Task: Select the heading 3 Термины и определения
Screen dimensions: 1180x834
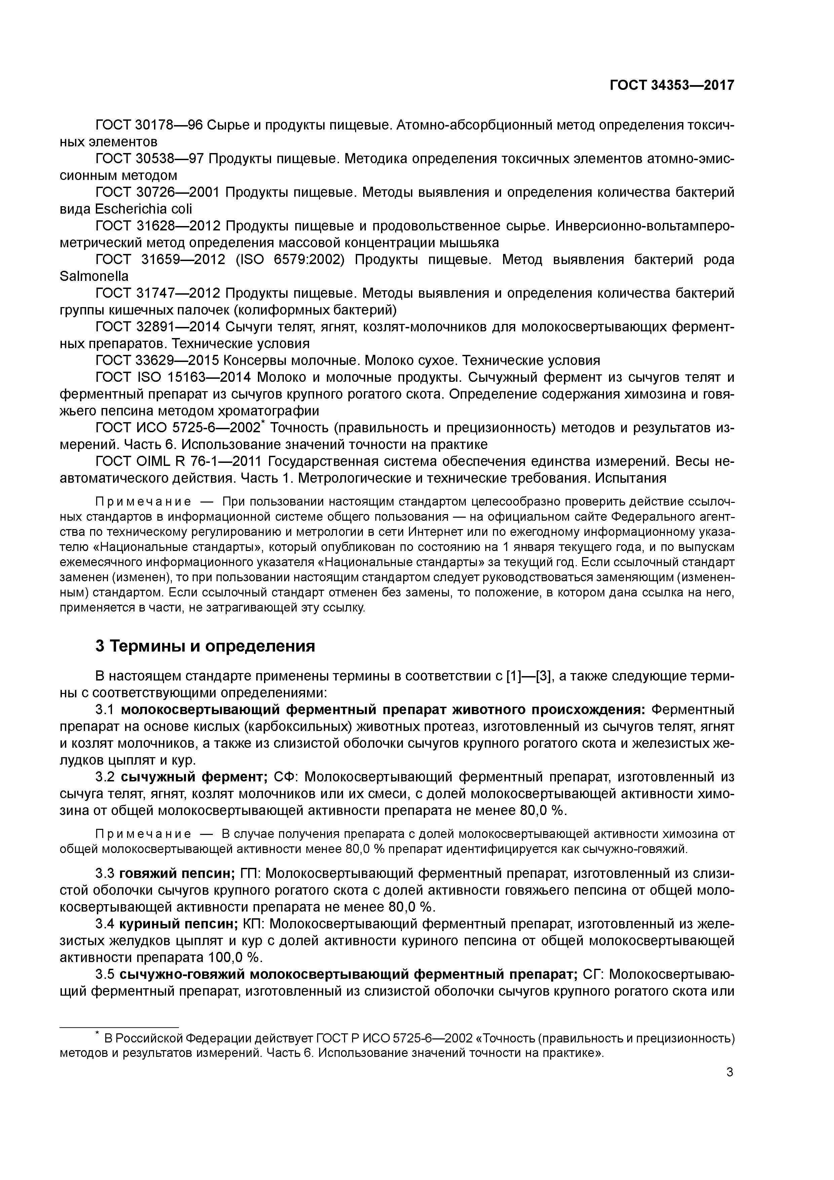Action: [205, 646]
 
